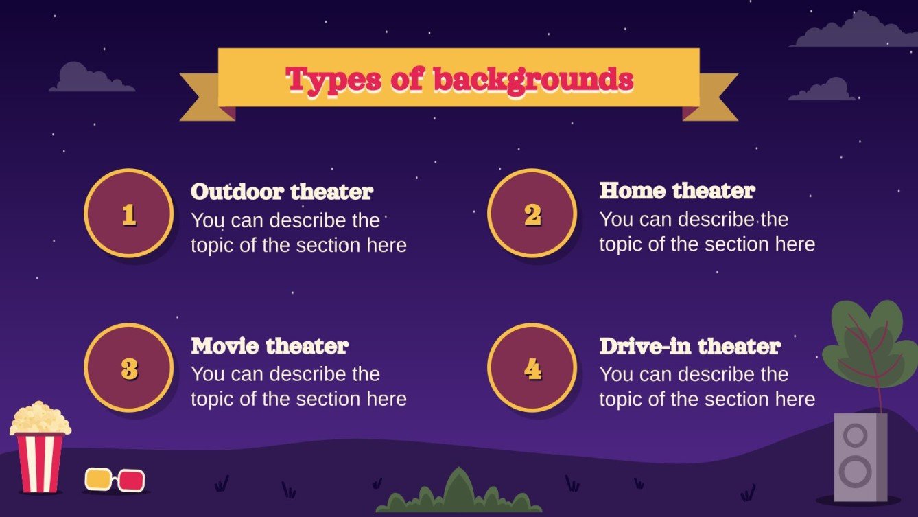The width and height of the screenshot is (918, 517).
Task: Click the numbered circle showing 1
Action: coord(128,214)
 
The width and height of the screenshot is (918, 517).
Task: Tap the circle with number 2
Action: coord(532,214)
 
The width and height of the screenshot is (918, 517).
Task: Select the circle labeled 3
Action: coord(128,368)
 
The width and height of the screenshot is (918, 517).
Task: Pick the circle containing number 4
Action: coord(532,368)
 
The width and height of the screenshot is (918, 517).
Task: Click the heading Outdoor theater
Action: coord(281,192)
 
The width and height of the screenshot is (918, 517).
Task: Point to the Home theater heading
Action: coord(677,190)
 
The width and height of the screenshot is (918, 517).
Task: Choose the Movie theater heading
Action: coord(270,345)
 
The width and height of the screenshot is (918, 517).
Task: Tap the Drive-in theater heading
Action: coord(690,346)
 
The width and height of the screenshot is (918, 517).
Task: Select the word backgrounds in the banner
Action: coord(532,80)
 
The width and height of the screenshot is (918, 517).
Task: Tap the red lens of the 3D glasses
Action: coord(131,481)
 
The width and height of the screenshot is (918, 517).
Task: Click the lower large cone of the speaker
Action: coord(856,472)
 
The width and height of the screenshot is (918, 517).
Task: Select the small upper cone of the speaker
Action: coord(856,435)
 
